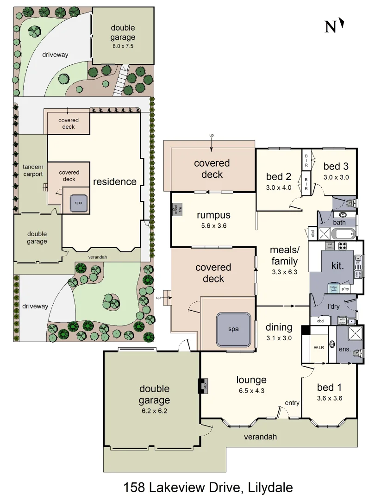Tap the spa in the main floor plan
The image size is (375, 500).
click(x=233, y=329)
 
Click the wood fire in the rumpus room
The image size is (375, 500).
click(x=176, y=209)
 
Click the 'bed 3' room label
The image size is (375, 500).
click(x=336, y=166)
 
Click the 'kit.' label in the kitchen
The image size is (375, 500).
click(x=337, y=267)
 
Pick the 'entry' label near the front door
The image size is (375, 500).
click(x=292, y=403)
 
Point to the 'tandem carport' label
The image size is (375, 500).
click(x=33, y=170)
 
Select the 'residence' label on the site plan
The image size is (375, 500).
click(x=115, y=181)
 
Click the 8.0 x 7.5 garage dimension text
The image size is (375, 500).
click(x=123, y=46)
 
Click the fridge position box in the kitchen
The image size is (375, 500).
click(x=333, y=288)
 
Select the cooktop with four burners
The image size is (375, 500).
click(x=343, y=246)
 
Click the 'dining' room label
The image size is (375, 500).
click(x=279, y=327)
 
